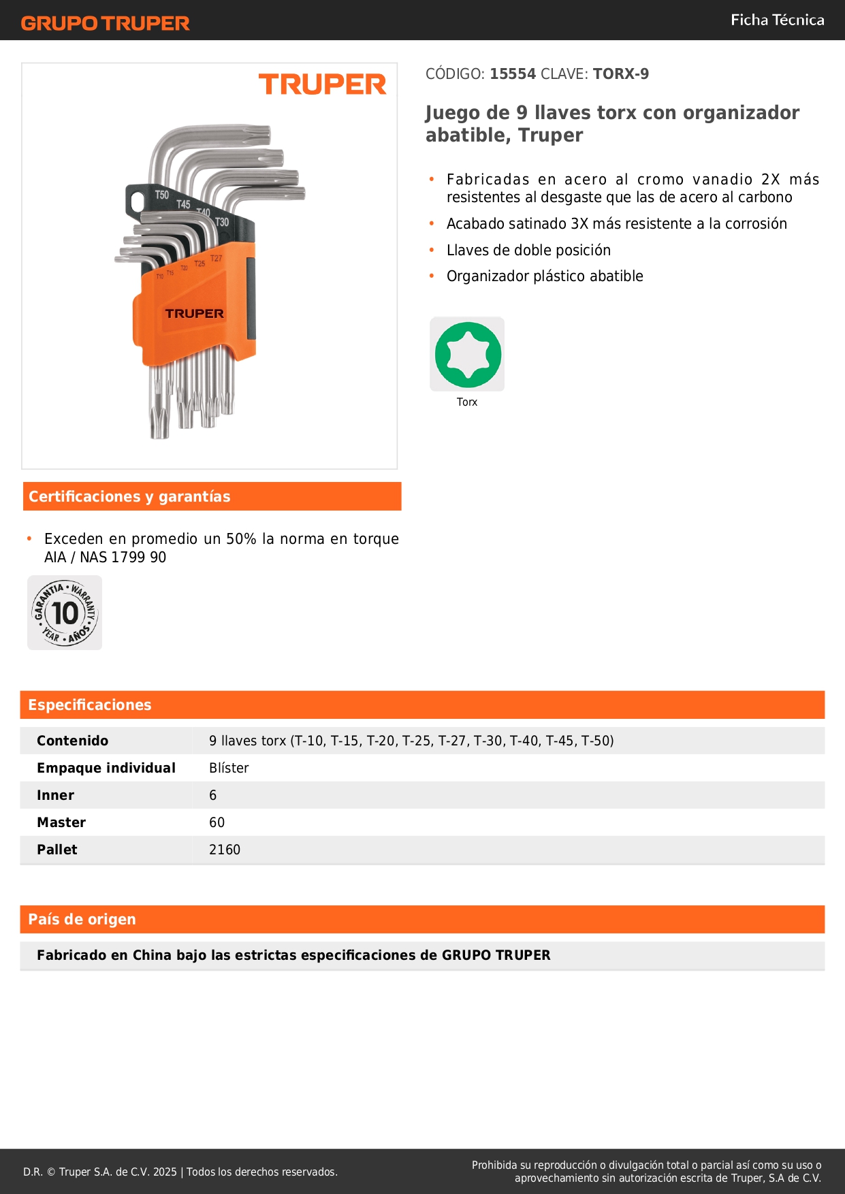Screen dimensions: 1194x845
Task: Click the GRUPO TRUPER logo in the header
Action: [106, 23]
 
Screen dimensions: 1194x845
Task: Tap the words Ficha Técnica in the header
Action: [777, 20]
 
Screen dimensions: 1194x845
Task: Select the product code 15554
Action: [513, 74]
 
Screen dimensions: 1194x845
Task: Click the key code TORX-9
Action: [620, 74]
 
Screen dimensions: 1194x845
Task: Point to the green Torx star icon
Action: [468, 355]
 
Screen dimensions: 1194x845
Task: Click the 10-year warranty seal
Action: [65, 613]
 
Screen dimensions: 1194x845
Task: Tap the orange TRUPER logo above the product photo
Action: [322, 85]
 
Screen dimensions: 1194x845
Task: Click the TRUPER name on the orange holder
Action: [194, 314]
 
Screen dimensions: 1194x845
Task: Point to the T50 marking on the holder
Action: [161, 195]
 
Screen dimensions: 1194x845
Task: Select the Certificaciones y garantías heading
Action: [129, 496]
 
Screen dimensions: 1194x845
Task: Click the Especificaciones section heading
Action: [90, 705]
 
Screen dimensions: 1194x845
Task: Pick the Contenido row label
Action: [73, 741]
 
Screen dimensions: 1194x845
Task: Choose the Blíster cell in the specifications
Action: [229, 768]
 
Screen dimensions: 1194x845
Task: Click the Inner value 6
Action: [213, 795]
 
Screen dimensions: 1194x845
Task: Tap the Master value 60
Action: [217, 822]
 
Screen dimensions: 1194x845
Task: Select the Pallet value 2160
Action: [225, 850]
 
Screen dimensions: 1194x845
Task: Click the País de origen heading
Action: [82, 919]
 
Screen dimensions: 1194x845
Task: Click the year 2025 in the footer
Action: [165, 1172]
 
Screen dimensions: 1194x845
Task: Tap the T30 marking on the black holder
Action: [222, 223]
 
